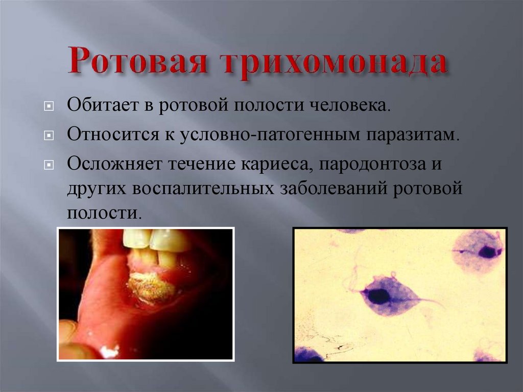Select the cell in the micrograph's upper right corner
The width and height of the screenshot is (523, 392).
click(x=478, y=250)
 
